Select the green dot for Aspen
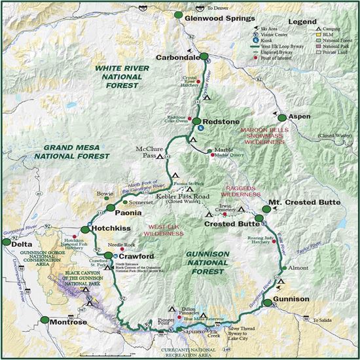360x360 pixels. [x=282, y=117]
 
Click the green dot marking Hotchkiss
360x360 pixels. [x=84, y=230]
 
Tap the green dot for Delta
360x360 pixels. [x=8, y=243]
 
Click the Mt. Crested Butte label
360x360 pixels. [x=304, y=203]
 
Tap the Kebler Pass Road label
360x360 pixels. [x=180, y=195]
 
